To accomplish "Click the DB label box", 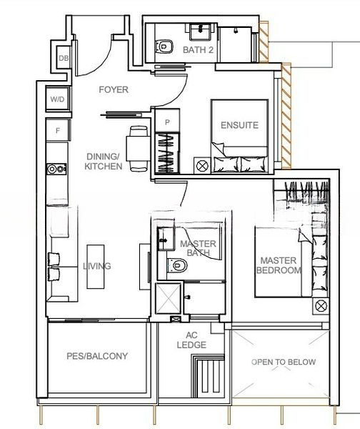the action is [63, 58].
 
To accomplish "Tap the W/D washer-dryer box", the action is [58, 99].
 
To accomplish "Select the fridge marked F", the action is [58, 130].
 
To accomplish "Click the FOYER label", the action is [114, 89].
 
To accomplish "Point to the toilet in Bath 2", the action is [164, 46].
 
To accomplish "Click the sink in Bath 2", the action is [201, 31].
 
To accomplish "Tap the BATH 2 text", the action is [198, 50].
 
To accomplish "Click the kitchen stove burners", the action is [56, 169].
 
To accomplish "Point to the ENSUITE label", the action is [239, 125].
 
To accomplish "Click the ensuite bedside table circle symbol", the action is [202, 166].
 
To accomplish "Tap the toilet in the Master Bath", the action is [177, 265].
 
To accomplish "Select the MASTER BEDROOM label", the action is [279, 265].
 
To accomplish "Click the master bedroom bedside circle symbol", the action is [321, 306].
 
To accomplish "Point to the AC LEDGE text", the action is [191, 340].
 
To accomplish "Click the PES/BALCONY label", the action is [97, 355].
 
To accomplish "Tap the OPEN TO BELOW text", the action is [284, 362].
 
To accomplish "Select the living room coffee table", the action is [96, 267].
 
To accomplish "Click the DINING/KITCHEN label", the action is [103, 162].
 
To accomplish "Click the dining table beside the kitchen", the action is [138, 149].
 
